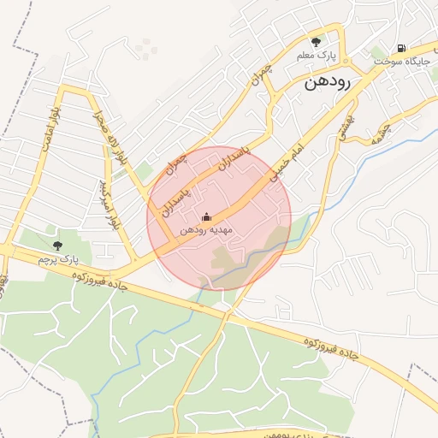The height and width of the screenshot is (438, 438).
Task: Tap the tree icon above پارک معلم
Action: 317,41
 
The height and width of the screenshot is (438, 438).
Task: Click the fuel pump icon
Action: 401,48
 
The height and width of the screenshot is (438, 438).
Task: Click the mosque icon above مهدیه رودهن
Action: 205,217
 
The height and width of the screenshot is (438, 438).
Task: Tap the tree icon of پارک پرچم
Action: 57,246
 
